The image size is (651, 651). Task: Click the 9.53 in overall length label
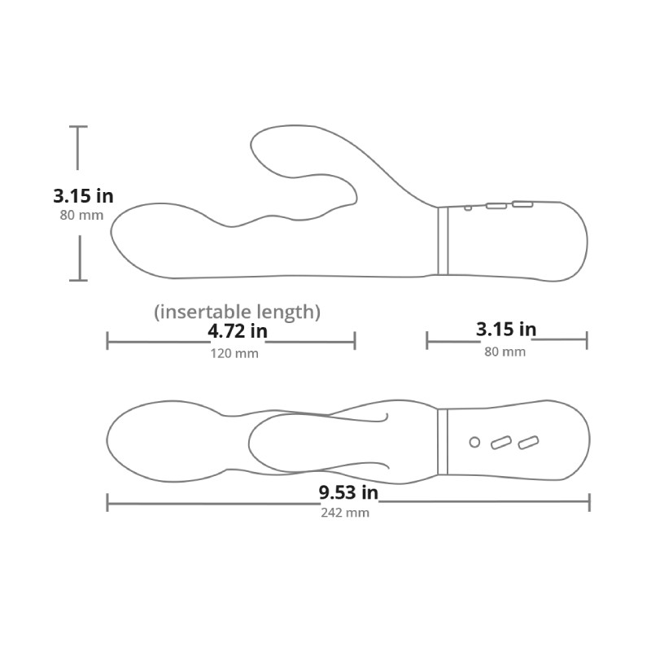pos(348,492)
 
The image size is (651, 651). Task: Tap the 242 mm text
pos(345,513)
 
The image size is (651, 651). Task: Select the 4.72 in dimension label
pos(238,331)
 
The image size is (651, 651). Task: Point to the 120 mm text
pos(234,353)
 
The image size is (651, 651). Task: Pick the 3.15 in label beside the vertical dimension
pos(83,196)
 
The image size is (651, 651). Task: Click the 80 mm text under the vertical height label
pos(81,215)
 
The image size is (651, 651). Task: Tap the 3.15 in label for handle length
pos(506,330)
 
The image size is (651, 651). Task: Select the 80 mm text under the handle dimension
pos(505,352)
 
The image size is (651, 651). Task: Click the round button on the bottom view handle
pos(474,442)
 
